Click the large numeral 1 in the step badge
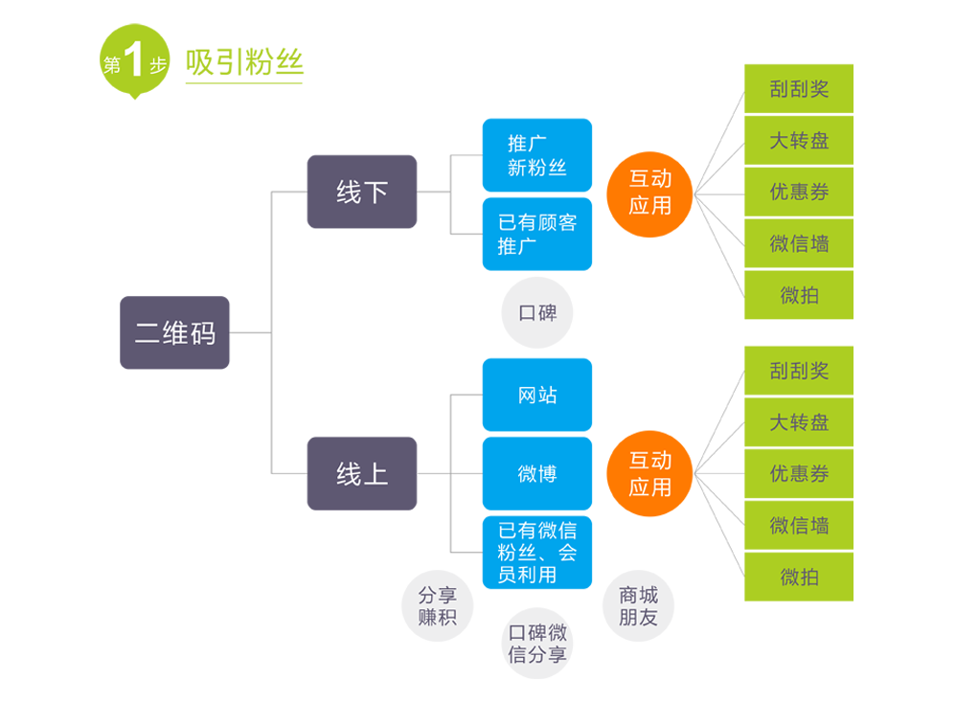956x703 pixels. [135, 63]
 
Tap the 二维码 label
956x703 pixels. [174, 333]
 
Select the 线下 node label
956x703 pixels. [362, 193]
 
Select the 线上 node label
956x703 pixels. [362, 473]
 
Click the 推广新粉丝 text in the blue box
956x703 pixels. [536, 155]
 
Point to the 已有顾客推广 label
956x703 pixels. [536, 235]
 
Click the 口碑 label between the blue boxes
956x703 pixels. [536, 313]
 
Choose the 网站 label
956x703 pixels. [536, 396]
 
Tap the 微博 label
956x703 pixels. [536, 474]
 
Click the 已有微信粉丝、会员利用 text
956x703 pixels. [536, 553]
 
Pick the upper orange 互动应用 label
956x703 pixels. [649, 192]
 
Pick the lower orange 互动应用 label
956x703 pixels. [649, 473]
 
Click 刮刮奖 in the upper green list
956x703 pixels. [799, 89]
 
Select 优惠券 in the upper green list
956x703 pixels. [799, 192]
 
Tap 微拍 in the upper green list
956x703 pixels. [799, 295]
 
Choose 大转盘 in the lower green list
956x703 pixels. [799, 422]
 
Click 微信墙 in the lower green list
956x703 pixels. [799, 525]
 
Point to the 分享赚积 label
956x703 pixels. [437, 605]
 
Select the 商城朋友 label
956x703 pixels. [638, 605]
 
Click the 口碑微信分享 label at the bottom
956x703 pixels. [536, 644]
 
